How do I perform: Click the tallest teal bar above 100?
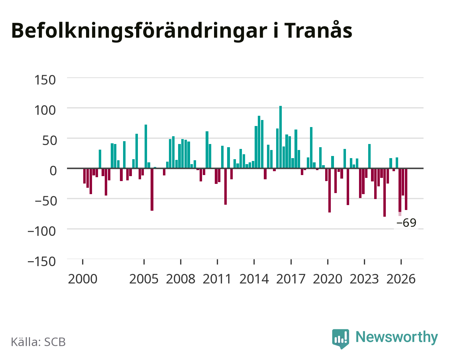tap(280, 137)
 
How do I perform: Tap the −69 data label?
tap(406, 223)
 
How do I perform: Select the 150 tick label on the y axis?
tap(45, 80)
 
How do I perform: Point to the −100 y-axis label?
tap(42, 231)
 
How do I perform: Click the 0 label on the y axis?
tap(53, 170)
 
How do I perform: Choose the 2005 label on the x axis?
tap(144, 279)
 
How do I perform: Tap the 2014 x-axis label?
tap(254, 279)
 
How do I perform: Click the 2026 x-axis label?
tap(401, 279)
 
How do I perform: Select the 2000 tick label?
tap(83, 279)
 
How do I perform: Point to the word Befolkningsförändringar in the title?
tap(139, 31)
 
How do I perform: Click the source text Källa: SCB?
tap(38, 342)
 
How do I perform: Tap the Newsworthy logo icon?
tap(340, 339)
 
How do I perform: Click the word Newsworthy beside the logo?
tap(397, 337)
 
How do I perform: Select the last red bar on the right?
tap(406, 189)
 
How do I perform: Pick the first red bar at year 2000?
tap(85, 176)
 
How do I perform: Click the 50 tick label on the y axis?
tap(50, 140)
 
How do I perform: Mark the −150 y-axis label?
tap(42, 262)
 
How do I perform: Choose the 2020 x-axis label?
tap(328, 279)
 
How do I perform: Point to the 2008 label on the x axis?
tap(181, 279)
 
